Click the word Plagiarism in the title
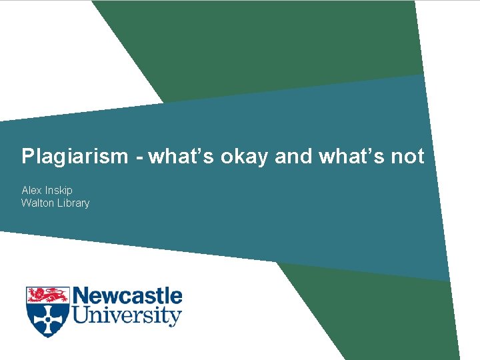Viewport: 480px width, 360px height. click(74, 157)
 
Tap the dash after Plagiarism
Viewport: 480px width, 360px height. click(139, 158)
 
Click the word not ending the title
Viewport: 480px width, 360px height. click(406, 157)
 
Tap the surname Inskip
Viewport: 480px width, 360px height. click(59, 191)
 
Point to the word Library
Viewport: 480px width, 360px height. click(74, 203)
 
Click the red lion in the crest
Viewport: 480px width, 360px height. click(47, 295)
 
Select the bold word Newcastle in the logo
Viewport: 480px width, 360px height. click(127, 296)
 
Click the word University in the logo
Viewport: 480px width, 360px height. click(127, 315)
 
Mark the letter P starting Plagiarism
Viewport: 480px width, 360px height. click(27, 157)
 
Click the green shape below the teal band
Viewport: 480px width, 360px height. click(373, 313)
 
